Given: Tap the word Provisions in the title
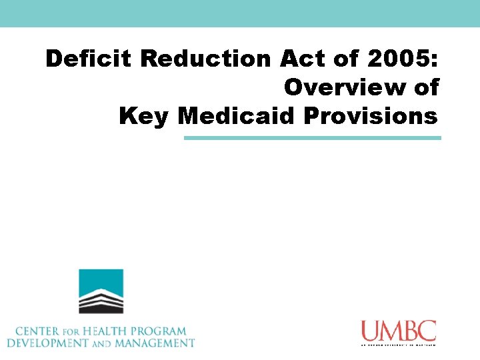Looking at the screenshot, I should [x=371, y=115].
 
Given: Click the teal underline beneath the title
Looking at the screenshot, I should [x=312, y=138].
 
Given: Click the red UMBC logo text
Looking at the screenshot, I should [x=398, y=331].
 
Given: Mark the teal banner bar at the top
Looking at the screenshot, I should [x=240, y=13].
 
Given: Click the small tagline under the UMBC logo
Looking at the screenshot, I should [x=398, y=345].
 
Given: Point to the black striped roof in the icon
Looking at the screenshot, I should [x=101, y=301].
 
